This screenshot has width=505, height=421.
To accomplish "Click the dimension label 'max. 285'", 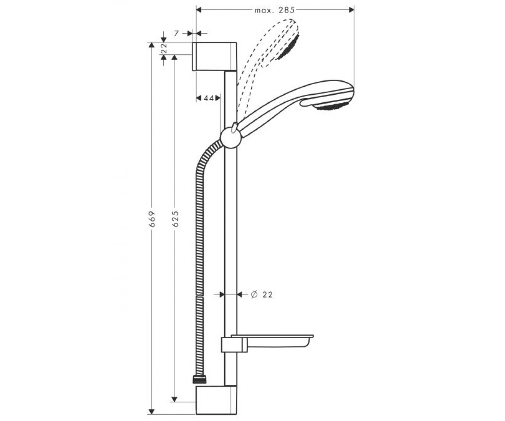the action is click(x=275, y=10).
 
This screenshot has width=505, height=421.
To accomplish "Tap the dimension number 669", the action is click(x=151, y=219).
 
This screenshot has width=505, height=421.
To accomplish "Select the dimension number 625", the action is click(x=175, y=219).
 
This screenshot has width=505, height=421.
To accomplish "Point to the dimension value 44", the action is click(x=208, y=98).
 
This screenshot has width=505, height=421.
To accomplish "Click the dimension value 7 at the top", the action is click(x=176, y=34).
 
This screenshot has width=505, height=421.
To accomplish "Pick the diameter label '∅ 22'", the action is click(x=262, y=294).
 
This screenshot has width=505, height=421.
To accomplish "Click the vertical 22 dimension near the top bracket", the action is click(x=164, y=49).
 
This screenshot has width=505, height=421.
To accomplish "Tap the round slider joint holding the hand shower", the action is click(x=231, y=137).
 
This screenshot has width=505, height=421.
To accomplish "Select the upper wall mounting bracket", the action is click(x=215, y=56).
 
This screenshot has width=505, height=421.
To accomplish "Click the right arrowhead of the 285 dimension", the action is click(x=351, y=10).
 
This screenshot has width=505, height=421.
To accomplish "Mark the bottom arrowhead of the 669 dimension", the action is click(x=151, y=411).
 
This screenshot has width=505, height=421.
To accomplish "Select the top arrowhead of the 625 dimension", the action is click(x=175, y=57).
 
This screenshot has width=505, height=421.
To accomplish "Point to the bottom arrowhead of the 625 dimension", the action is click(x=175, y=399).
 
